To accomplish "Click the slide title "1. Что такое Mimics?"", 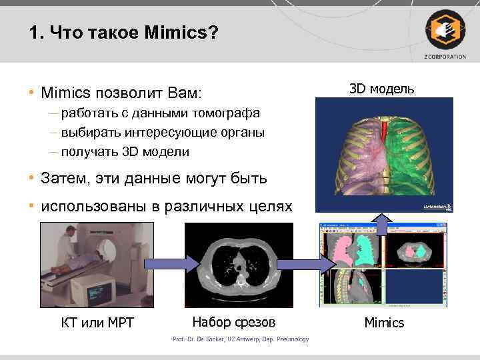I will point(124,33).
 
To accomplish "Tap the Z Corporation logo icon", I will point(445,30).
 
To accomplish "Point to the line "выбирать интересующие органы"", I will point(163,132).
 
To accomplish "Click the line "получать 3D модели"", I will point(125,151).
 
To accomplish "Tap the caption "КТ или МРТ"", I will point(97,323).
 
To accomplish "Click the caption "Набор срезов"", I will point(233,323).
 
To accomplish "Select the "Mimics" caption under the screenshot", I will point(384,323).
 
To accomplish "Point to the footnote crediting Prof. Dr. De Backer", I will point(241,339).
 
